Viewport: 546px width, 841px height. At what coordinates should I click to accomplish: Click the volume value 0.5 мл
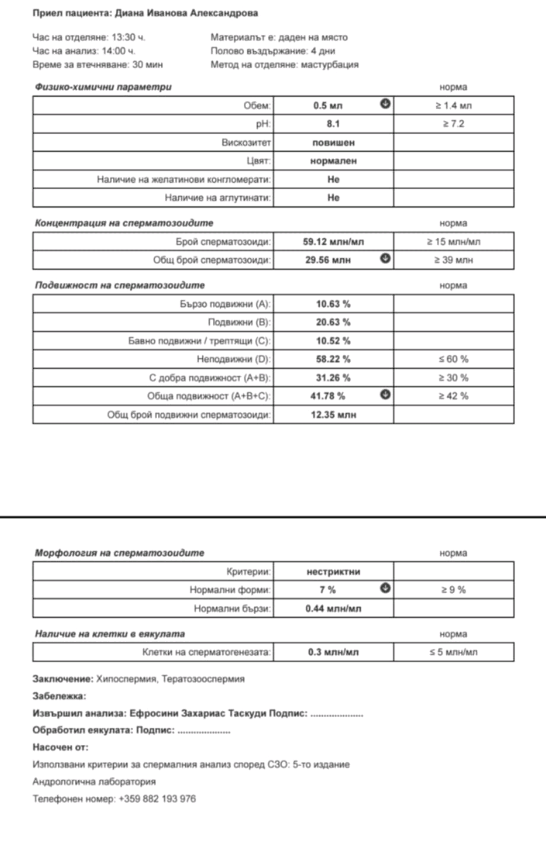(328, 106)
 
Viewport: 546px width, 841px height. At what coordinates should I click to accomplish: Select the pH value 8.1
(333, 124)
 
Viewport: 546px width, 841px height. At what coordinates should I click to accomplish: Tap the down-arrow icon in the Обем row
(385, 104)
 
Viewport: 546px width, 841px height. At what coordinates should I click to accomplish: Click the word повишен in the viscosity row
(333, 143)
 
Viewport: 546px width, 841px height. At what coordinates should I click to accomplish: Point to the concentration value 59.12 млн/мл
(333, 242)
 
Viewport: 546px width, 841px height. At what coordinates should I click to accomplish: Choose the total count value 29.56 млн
(328, 260)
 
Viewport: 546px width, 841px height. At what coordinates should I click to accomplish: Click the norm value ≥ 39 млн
(453, 260)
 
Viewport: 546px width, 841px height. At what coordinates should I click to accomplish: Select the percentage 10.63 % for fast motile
(333, 304)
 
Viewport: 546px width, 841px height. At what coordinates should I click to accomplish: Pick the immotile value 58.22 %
(333, 359)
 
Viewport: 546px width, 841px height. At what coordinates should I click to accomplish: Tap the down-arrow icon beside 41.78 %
(385, 395)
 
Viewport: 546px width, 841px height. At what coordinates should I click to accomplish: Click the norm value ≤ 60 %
(453, 359)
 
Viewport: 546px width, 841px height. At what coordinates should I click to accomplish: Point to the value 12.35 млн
(333, 415)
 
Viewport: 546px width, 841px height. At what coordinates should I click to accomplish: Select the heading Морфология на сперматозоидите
(119, 553)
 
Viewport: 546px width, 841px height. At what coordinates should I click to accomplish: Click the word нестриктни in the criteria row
(333, 572)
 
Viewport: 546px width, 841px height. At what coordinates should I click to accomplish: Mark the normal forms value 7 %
(328, 590)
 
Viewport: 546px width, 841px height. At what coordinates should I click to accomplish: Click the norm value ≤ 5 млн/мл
(453, 652)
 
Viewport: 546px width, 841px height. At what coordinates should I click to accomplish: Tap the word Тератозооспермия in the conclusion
(203, 679)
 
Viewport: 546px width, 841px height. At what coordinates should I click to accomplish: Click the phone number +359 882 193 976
(157, 799)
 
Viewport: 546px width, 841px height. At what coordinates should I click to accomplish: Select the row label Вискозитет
(246, 143)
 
